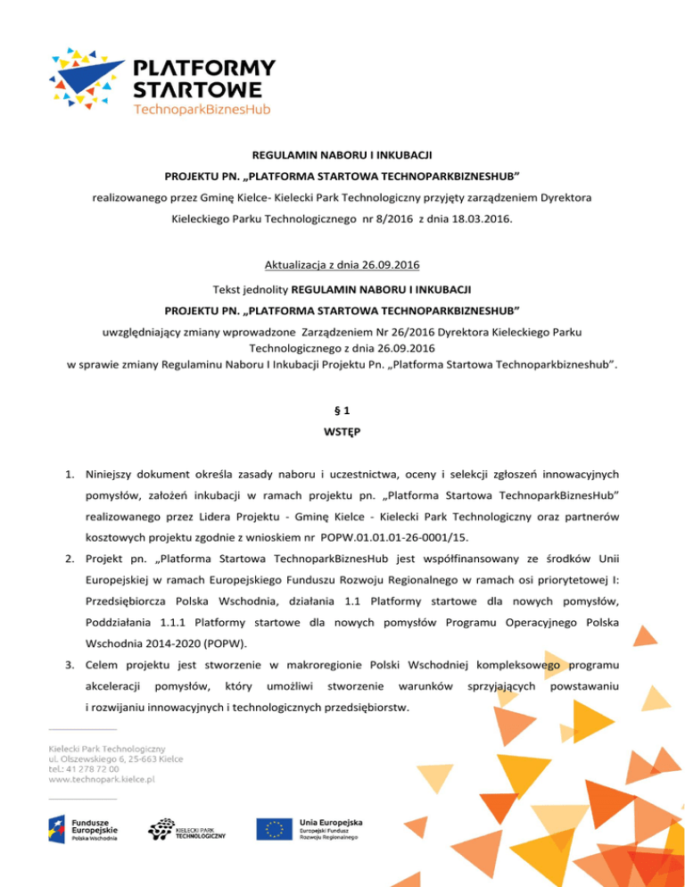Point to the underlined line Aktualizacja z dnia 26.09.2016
click(342, 266)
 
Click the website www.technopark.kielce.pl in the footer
click(102, 779)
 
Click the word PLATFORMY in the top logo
click(203, 69)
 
